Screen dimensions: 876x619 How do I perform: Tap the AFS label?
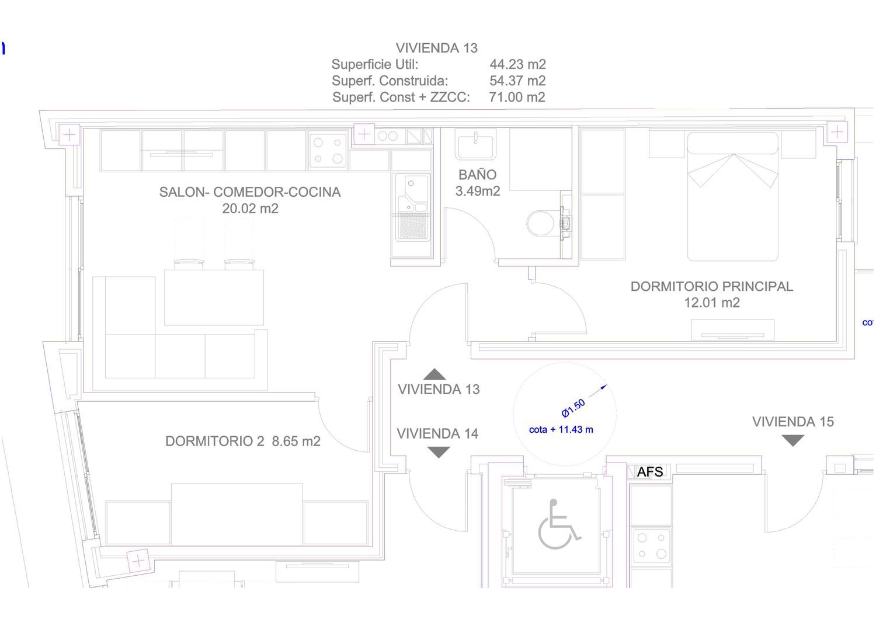[649, 472]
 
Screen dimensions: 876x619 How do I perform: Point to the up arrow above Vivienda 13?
[434, 374]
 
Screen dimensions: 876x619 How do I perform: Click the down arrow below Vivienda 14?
[439, 453]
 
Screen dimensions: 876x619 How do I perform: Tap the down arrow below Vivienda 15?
[792, 441]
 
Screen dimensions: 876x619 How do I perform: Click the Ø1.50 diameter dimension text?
[573, 408]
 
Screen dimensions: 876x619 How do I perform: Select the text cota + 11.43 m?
[561, 429]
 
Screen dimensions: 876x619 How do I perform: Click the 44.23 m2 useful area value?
[517, 64]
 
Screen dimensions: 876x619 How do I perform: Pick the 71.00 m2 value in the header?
[517, 97]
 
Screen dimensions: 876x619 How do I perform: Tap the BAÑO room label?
[478, 175]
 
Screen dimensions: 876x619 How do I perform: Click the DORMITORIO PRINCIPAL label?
[712, 286]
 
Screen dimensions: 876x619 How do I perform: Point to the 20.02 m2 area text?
[251, 208]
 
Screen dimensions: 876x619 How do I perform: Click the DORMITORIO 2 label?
[215, 441]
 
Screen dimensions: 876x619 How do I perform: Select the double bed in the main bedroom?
[733, 196]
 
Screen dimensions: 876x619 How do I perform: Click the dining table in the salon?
[214, 297]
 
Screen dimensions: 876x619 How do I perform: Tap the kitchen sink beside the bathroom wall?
[411, 207]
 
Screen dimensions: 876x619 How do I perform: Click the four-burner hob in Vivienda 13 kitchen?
[328, 151]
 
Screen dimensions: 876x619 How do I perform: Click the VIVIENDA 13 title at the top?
[436, 48]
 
